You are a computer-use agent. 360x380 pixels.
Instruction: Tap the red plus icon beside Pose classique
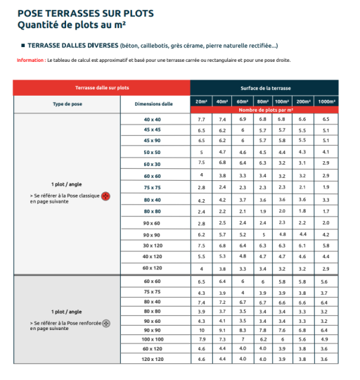coord(105,195)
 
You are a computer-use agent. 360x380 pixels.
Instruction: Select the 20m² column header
coord(201,101)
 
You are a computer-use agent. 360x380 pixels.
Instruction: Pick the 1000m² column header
coord(326,101)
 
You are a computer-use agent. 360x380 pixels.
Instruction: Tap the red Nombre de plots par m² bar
coord(264,110)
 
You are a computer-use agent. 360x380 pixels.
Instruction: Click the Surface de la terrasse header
coord(264,88)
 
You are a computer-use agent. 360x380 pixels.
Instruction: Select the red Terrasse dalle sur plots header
coord(102,88)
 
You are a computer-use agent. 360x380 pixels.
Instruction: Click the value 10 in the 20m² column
coord(201,329)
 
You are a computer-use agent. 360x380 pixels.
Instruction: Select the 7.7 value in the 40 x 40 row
coord(201,120)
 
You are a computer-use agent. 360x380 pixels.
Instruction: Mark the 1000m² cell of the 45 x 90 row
coord(326,140)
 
